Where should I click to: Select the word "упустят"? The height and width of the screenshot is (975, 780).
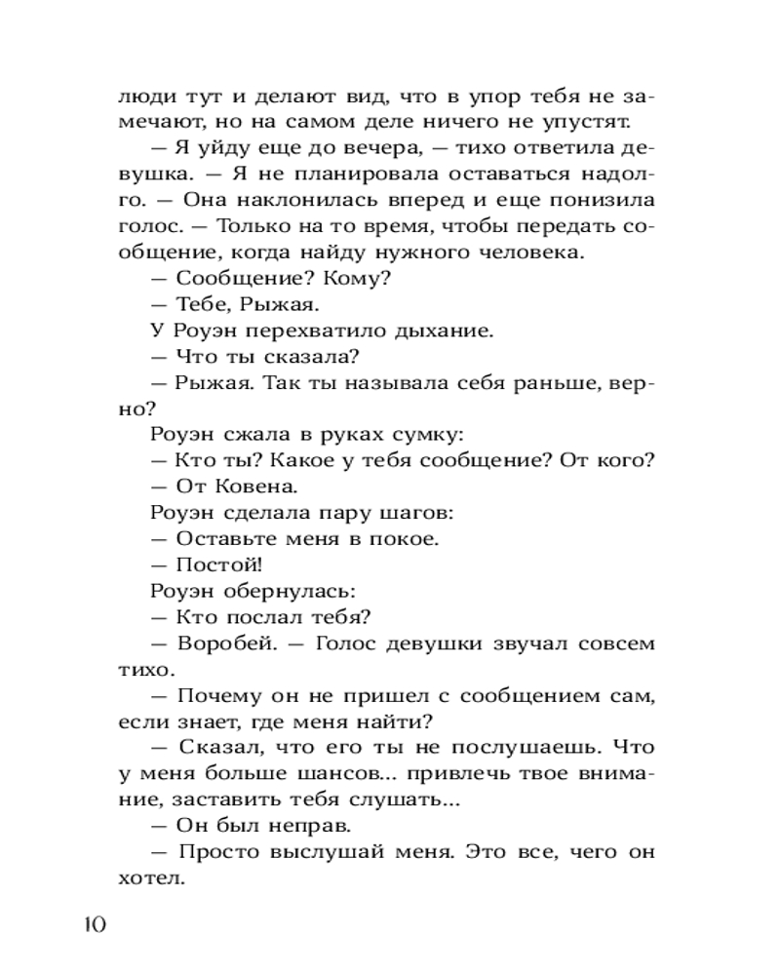pos(589,123)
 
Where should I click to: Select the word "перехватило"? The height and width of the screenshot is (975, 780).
pos(298,330)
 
